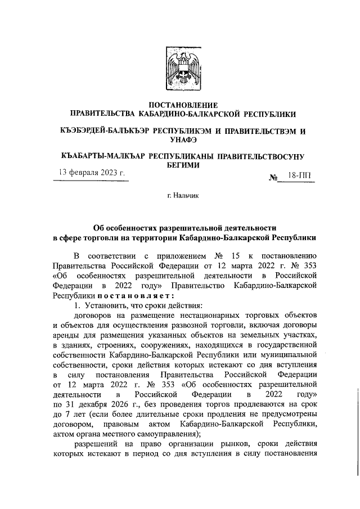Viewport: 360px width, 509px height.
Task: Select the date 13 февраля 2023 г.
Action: pos(92,172)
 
